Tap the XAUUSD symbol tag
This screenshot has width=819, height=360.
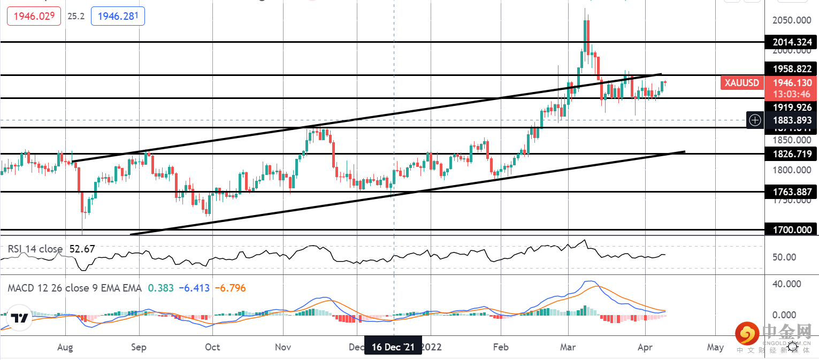click(742, 83)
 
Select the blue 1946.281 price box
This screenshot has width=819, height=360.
click(118, 17)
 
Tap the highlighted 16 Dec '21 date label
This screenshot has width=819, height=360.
click(393, 347)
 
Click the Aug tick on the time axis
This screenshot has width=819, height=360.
click(65, 347)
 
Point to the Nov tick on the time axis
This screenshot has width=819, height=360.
click(283, 347)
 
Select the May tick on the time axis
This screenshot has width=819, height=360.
click(715, 347)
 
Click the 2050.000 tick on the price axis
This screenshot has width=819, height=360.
click(792, 20)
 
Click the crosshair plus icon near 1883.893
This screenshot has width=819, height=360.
click(755, 120)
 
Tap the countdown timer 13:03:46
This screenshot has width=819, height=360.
click(788, 94)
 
